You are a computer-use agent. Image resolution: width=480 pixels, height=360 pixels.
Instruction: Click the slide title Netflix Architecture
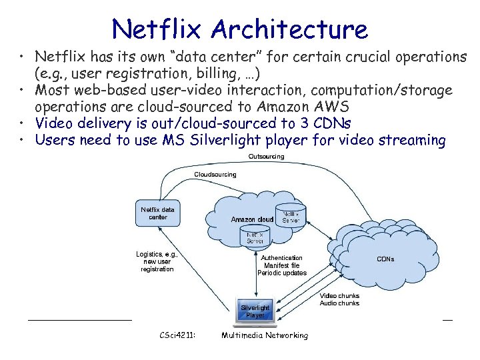point(240,29)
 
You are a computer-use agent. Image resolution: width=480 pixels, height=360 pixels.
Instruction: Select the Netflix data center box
point(158,213)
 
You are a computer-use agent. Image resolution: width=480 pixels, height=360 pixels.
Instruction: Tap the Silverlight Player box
point(255,311)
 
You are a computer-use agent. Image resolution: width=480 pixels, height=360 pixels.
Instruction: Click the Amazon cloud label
point(252,219)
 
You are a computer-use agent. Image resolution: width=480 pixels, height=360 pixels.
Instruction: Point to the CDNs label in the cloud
point(385,259)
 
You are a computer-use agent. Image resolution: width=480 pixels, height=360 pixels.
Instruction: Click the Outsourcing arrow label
point(266,157)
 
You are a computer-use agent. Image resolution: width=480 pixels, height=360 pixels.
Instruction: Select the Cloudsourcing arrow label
point(215,175)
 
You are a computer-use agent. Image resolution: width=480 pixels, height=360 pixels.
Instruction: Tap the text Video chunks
point(339,295)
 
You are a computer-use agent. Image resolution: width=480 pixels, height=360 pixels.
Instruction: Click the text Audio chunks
point(339,303)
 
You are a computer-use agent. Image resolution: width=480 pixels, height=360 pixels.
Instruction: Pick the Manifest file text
point(281,265)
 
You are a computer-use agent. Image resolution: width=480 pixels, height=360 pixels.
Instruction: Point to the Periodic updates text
point(282,273)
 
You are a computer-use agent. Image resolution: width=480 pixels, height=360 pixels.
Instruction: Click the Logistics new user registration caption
point(157,261)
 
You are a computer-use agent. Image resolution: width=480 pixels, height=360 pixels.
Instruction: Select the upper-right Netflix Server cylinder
point(291,215)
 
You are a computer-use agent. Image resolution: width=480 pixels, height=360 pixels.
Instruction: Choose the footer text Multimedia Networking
point(265,335)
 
